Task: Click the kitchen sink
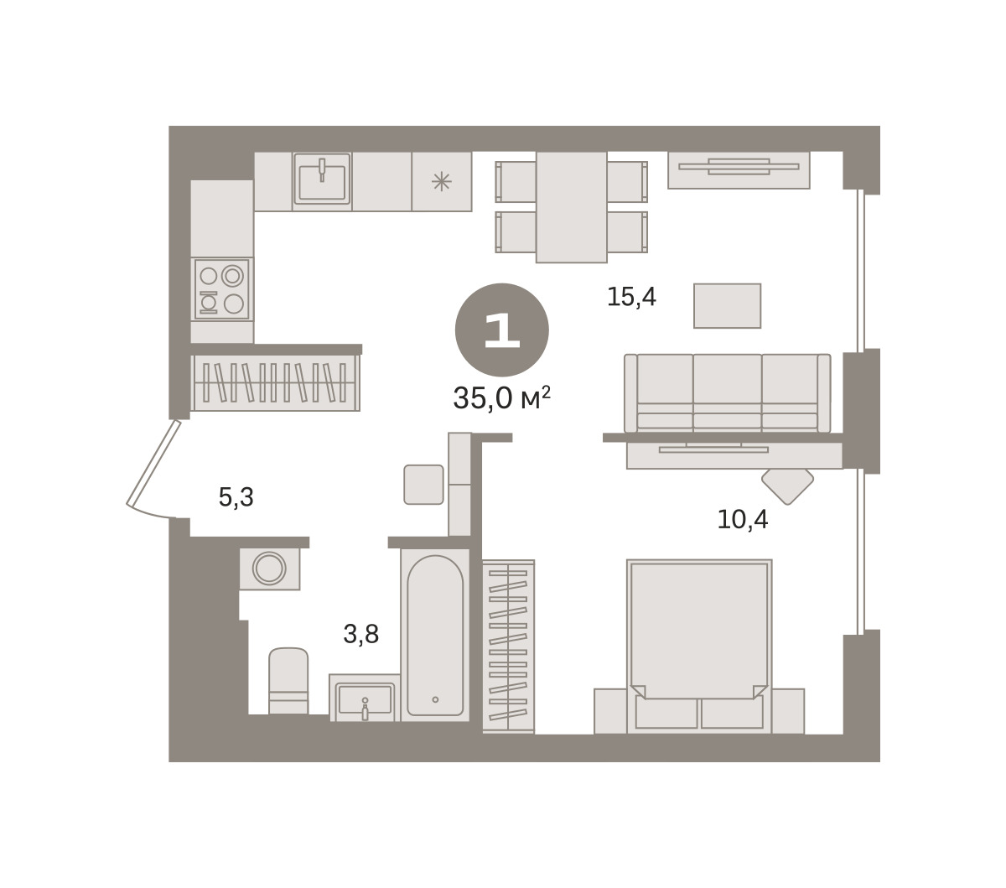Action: pyautogui.click(x=322, y=179)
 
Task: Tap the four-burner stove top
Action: pyautogui.click(x=221, y=289)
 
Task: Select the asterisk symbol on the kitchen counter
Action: pyautogui.click(x=442, y=182)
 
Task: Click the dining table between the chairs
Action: pyautogui.click(x=571, y=207)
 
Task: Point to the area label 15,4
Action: pyautogui.click(x=631, y=297)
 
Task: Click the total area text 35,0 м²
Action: pyautogui.click(x=501, y=397)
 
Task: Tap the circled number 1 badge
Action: pyautogui.click(x=501, y=330)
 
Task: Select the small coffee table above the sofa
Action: pyautogui.click(x=727, y=306)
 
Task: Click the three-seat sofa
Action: pyautogui.click(x=727, y=392)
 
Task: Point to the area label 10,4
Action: pyautogui.click(x=743, y=520)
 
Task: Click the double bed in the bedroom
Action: pyautogui.click(x=699, y=647)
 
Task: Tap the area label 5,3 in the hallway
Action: pyautogui.click(x=236, y=497)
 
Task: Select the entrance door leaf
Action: pyautogui.click(x=153, y=463)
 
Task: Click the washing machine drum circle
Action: pyautogui.click(x=269, y=568)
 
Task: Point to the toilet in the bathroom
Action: pyautogui.click(x=288, y=680)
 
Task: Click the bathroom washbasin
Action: pyautogui.click(x=365, y=698)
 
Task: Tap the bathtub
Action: pyautogui.click(x=435, y=636)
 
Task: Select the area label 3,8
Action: pyautogui.click(x=361, y=634)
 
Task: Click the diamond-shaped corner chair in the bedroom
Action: pyautogui.click(x=787, y=486)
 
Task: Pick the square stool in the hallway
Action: pyautogui.click(x=423, y=485)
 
